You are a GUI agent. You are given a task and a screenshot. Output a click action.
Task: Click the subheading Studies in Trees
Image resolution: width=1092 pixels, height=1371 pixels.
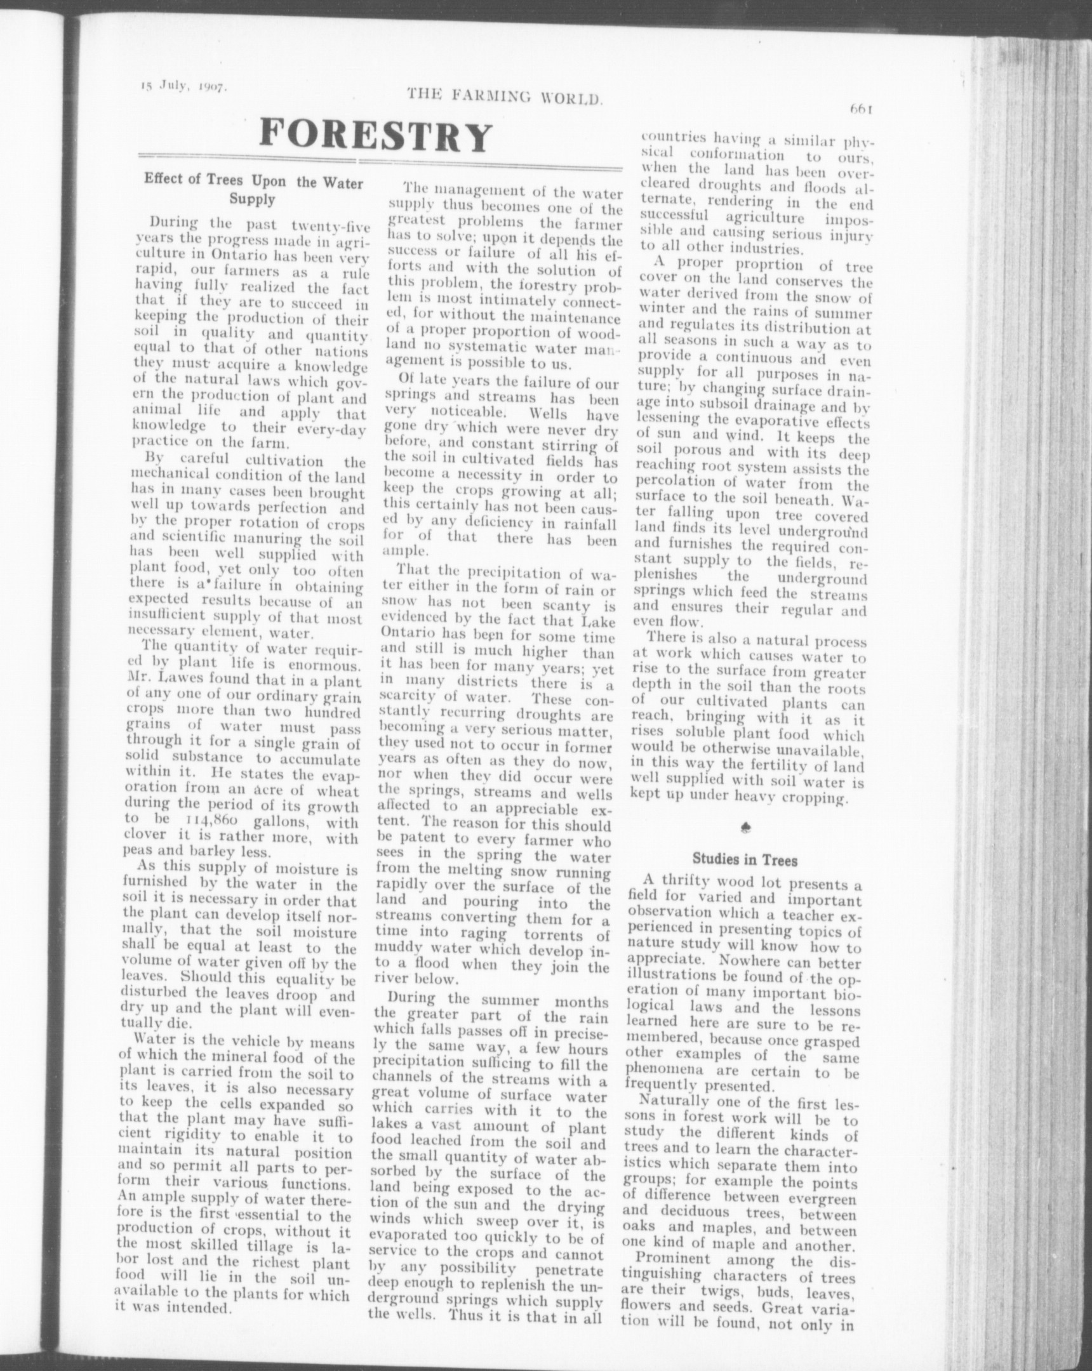[x=744, y=860]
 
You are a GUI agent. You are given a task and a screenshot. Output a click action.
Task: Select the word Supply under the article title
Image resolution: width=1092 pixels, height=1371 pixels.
[x=252, y=199]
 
